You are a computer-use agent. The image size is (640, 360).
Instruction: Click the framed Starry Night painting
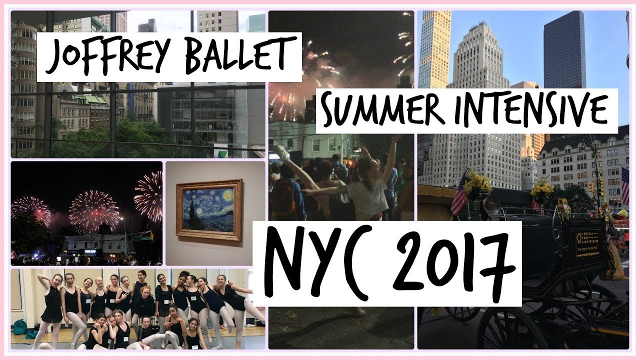click(209, 210)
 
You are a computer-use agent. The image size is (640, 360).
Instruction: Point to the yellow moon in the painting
click(228, 194)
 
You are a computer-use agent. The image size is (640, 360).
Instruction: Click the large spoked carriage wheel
click(520, 330)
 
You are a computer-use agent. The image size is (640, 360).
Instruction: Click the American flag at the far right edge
click(624, 185)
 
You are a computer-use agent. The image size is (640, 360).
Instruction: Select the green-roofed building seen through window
click(90, 99)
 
